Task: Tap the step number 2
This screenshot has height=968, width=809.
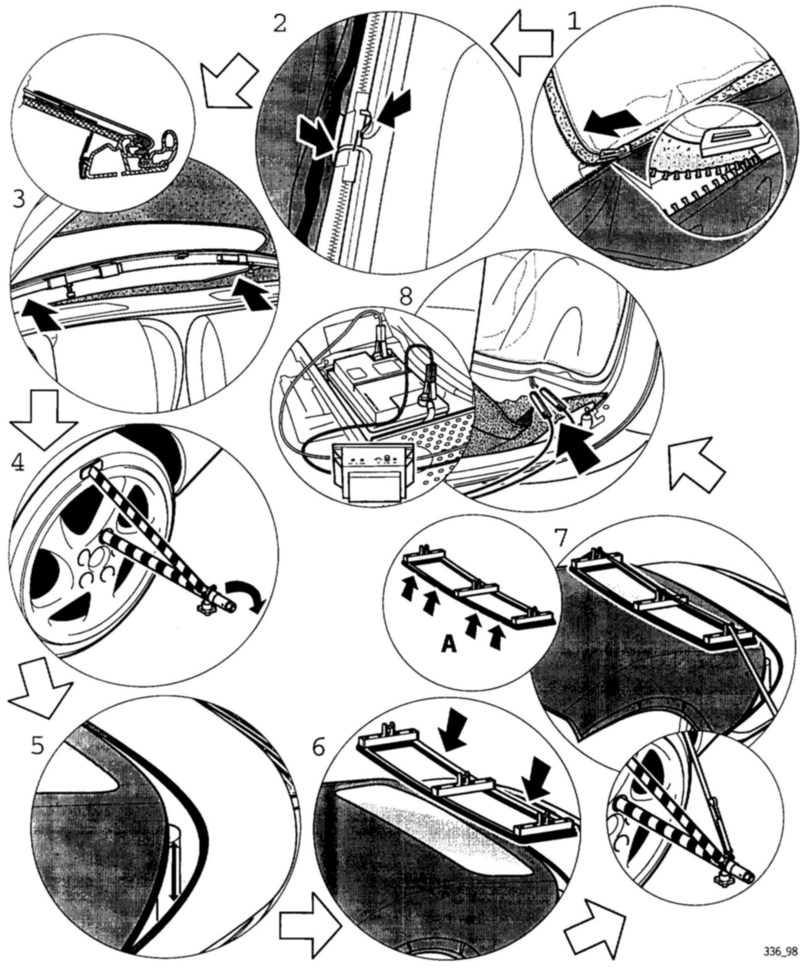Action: [279, 23]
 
